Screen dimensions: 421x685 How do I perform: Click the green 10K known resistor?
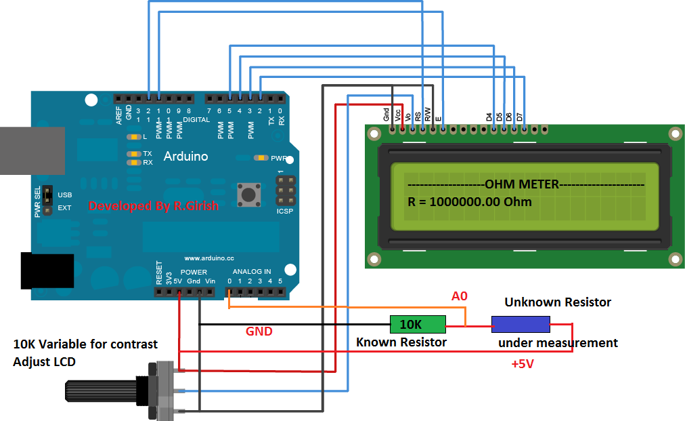click(x=418, y=325)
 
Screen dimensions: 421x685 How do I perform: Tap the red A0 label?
click(x=460, y=296)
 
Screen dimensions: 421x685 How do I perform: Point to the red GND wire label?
click(x=259, y=332)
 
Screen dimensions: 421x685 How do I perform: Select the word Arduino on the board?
click(x=186, y=157)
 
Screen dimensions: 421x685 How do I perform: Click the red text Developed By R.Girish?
click(x=154, y=205)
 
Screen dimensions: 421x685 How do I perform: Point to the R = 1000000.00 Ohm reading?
click(x=470, y=202)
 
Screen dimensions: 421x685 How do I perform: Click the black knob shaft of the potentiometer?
click(x=102, y=391)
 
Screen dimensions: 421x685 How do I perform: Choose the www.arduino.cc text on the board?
click(x=209, y=258)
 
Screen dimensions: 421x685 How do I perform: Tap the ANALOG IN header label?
click(x=252, y=272)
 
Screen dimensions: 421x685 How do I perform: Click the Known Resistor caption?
click(x=401, y=342)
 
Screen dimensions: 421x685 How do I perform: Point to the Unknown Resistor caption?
click(x=558, y=302)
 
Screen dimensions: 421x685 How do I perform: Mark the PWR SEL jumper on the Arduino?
click(x=48, y=201)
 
